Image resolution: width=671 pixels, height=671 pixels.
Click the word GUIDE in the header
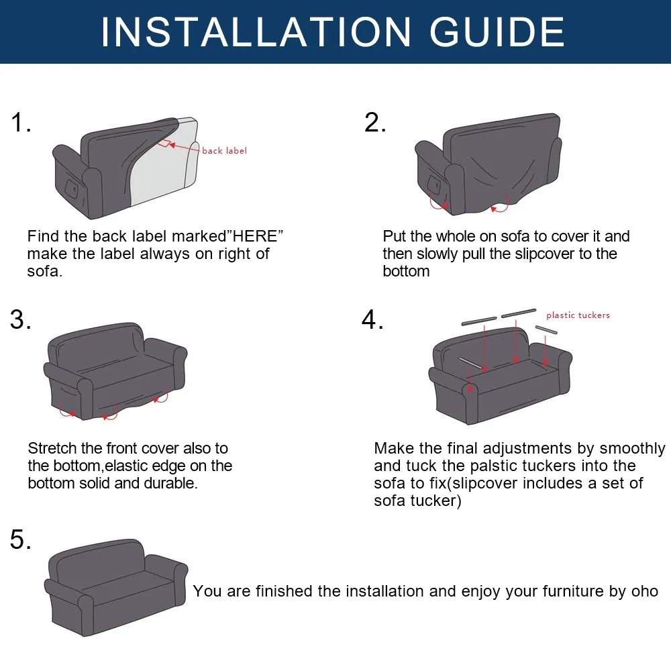[497, 32]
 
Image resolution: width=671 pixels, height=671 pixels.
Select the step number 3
[21, 319]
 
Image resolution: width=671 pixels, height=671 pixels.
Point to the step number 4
[372, 319]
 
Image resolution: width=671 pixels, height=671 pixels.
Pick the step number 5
[21, 539]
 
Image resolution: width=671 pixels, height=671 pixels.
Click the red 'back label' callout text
[224, 150]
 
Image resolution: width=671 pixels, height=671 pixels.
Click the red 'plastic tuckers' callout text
[578, 315]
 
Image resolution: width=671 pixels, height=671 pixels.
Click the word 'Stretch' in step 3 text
[52, 448]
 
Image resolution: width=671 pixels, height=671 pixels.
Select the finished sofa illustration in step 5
[115, 587]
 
